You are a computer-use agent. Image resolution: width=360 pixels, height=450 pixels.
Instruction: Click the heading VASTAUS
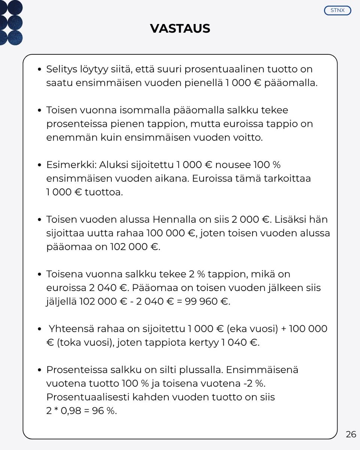(180, 28)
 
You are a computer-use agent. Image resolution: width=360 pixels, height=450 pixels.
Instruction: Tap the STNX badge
(337, 10)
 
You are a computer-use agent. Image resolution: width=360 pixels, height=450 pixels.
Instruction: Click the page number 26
(351, 434)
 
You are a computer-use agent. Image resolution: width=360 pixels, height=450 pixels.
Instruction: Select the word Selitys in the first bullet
(60, 69)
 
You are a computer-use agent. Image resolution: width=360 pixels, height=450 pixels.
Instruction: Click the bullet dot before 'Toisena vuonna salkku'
(39, 274)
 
